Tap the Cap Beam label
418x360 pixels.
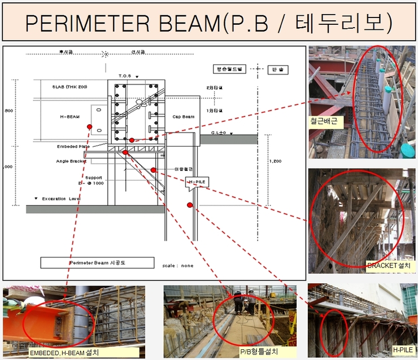(x=184, y=117)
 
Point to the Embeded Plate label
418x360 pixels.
(x=72, y=146)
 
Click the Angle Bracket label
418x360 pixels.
(x=71, y=161)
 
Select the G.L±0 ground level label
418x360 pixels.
(x=219, y=133)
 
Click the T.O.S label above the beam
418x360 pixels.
(x=124, y=76)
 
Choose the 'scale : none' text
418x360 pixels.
(x=177, y=265)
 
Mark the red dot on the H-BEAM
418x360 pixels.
(x=89, y=127)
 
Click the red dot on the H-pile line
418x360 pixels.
(x=190, y=205)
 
